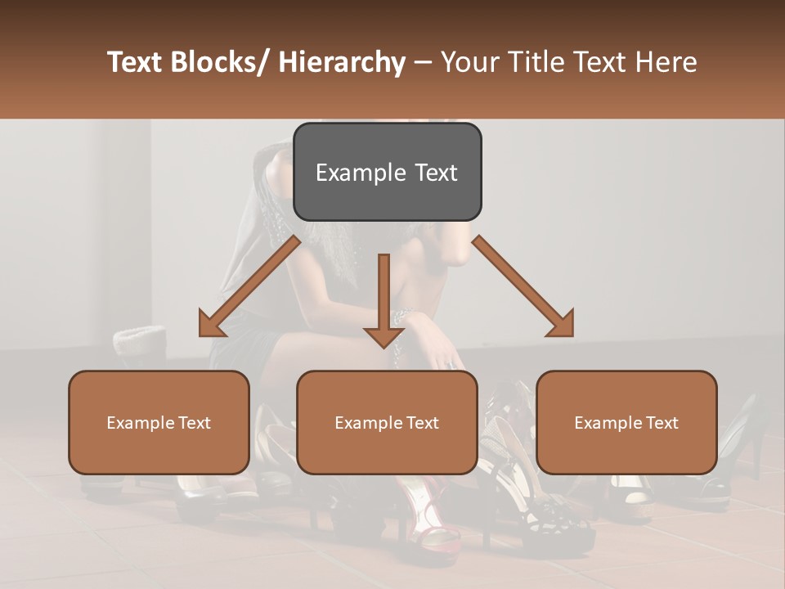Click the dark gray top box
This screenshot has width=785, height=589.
387,172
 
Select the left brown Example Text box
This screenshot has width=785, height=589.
159,422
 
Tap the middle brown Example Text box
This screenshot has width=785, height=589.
387,422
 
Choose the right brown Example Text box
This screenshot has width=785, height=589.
626,422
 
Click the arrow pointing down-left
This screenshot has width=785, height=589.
249,286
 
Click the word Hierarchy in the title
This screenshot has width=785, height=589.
341,62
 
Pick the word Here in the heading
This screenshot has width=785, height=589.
666,62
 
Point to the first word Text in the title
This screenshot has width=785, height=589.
134,62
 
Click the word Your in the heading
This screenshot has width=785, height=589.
469,62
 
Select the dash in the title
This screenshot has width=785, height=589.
423,62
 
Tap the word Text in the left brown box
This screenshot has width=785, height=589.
194,423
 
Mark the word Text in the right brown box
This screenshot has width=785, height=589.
662,423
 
